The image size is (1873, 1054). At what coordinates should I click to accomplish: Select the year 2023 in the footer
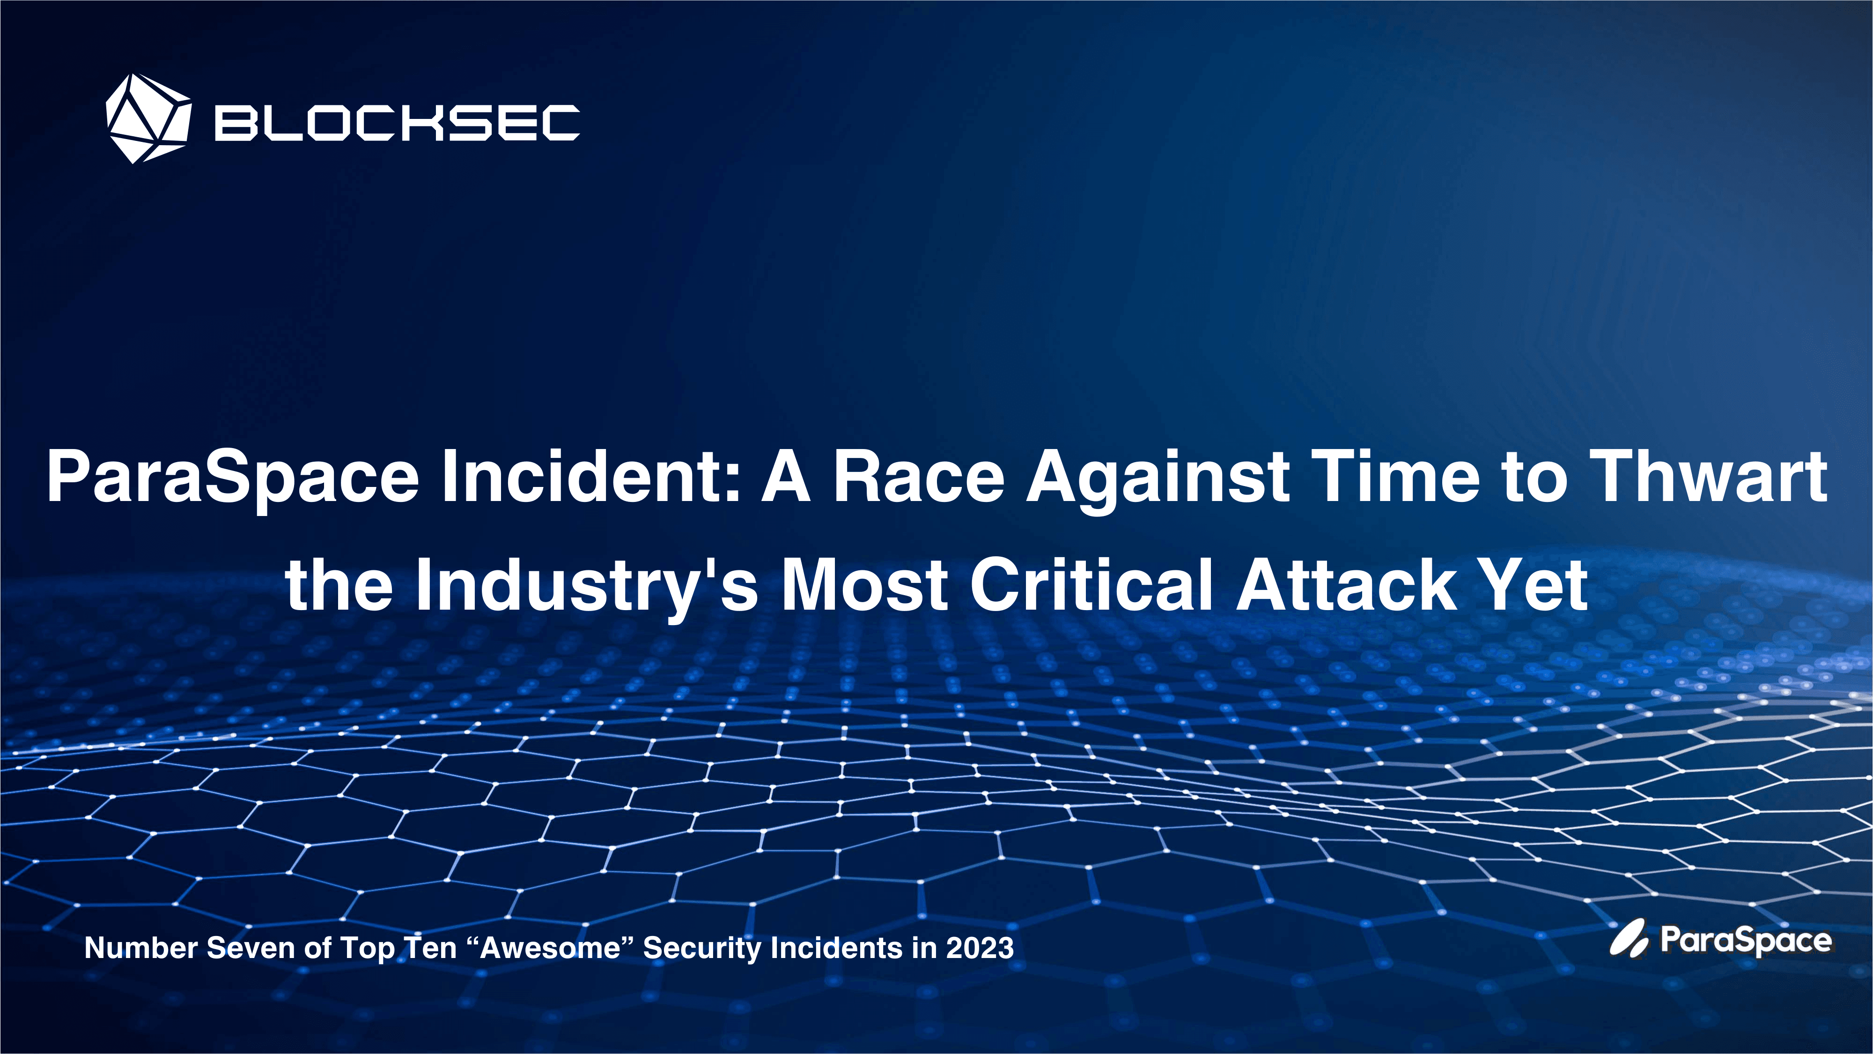tap(980, 948)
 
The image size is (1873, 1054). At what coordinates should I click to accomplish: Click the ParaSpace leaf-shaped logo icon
tap(1629, 939)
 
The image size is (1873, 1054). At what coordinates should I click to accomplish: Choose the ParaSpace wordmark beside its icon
tap(1745, 941)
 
